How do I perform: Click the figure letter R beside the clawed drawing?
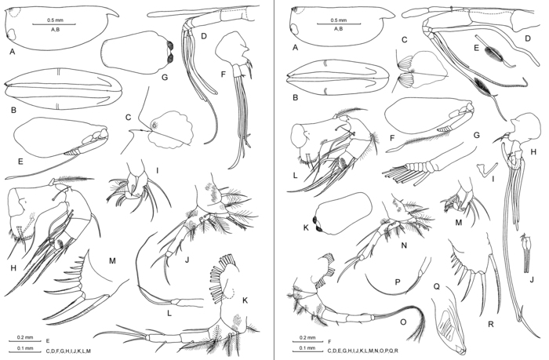[x=490, y=324]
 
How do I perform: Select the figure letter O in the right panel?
[x=403, y=322]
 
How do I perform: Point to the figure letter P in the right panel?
[x=397, y=282]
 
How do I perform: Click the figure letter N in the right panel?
[x=404, y=245]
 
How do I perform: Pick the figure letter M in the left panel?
[x=112, y=260]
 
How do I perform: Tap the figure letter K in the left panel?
[x=245, y=300]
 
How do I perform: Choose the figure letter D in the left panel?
[x=204, y=36]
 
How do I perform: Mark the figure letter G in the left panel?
[x=164, y=77]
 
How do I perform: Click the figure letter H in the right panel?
[x=533, y=151]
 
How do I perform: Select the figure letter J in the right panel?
[x=532, y=279]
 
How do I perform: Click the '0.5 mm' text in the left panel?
[x=55, y=20]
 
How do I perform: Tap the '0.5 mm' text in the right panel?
[x=339, y=20]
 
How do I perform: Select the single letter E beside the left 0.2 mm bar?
[x=48, y=340]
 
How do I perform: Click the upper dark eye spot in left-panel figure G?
[x=171, y=45]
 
